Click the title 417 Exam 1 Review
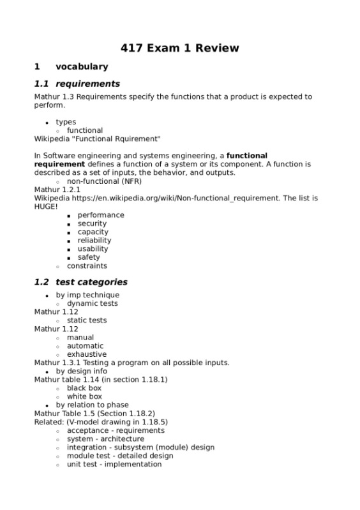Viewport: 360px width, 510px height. point(180,48)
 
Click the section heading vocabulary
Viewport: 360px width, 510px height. point(82,66)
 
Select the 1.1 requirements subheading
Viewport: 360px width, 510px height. point(77,84)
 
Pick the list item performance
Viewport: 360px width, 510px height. point(101,215)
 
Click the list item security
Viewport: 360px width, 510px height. point(92,223)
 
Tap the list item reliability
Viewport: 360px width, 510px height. point(94,241)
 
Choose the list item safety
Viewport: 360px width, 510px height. point(89,257)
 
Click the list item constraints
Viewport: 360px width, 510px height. point(87,266)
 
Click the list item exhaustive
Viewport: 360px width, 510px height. point(87,354)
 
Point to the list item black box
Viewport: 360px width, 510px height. point(84,388)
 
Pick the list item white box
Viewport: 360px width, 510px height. point(84,396)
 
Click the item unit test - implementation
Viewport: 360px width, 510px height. point(114,464)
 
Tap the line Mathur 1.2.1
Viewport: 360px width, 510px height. point(57,190)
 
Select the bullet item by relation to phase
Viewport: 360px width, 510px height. point(92,405)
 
